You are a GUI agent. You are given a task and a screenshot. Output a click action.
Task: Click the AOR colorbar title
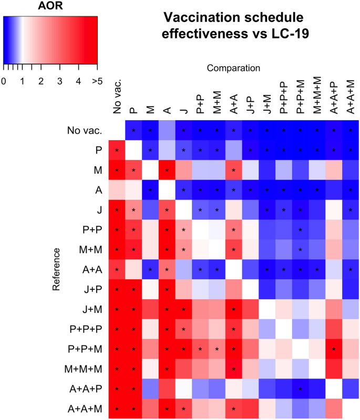pyautogui.click(x=50, y=7)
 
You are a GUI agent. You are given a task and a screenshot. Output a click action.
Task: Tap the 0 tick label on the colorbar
pyautogui.click(x=4, y=81)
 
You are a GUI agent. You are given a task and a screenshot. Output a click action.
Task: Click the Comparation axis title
pyautogui.click(x=233, y=68)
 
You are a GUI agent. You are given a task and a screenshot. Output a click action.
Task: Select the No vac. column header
pyautogui.click(x=117, y=96)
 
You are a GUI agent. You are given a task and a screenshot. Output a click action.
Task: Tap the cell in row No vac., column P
pyautogui.click(x=133, y=130)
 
